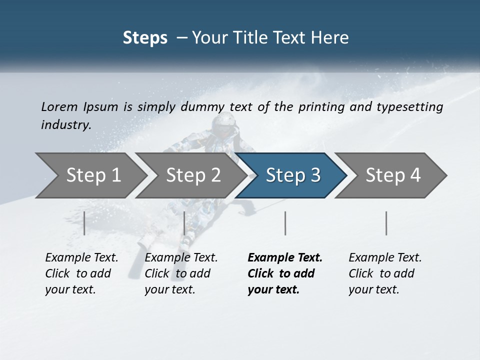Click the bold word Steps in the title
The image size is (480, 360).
point(145,38)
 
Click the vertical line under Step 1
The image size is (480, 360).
point(84,223)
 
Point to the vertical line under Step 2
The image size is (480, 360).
point(184,223)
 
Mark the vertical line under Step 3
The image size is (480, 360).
point(285,223)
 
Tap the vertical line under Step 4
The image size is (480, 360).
point(386,223)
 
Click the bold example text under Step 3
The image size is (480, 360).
point(284,273)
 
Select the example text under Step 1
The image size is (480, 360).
point(81,273)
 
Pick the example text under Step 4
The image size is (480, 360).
point(385,273)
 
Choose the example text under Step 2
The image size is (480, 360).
point(181,273)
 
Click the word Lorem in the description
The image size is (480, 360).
point(59,106)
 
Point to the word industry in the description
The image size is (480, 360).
point(66,124)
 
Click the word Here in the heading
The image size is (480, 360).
point(332,38)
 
